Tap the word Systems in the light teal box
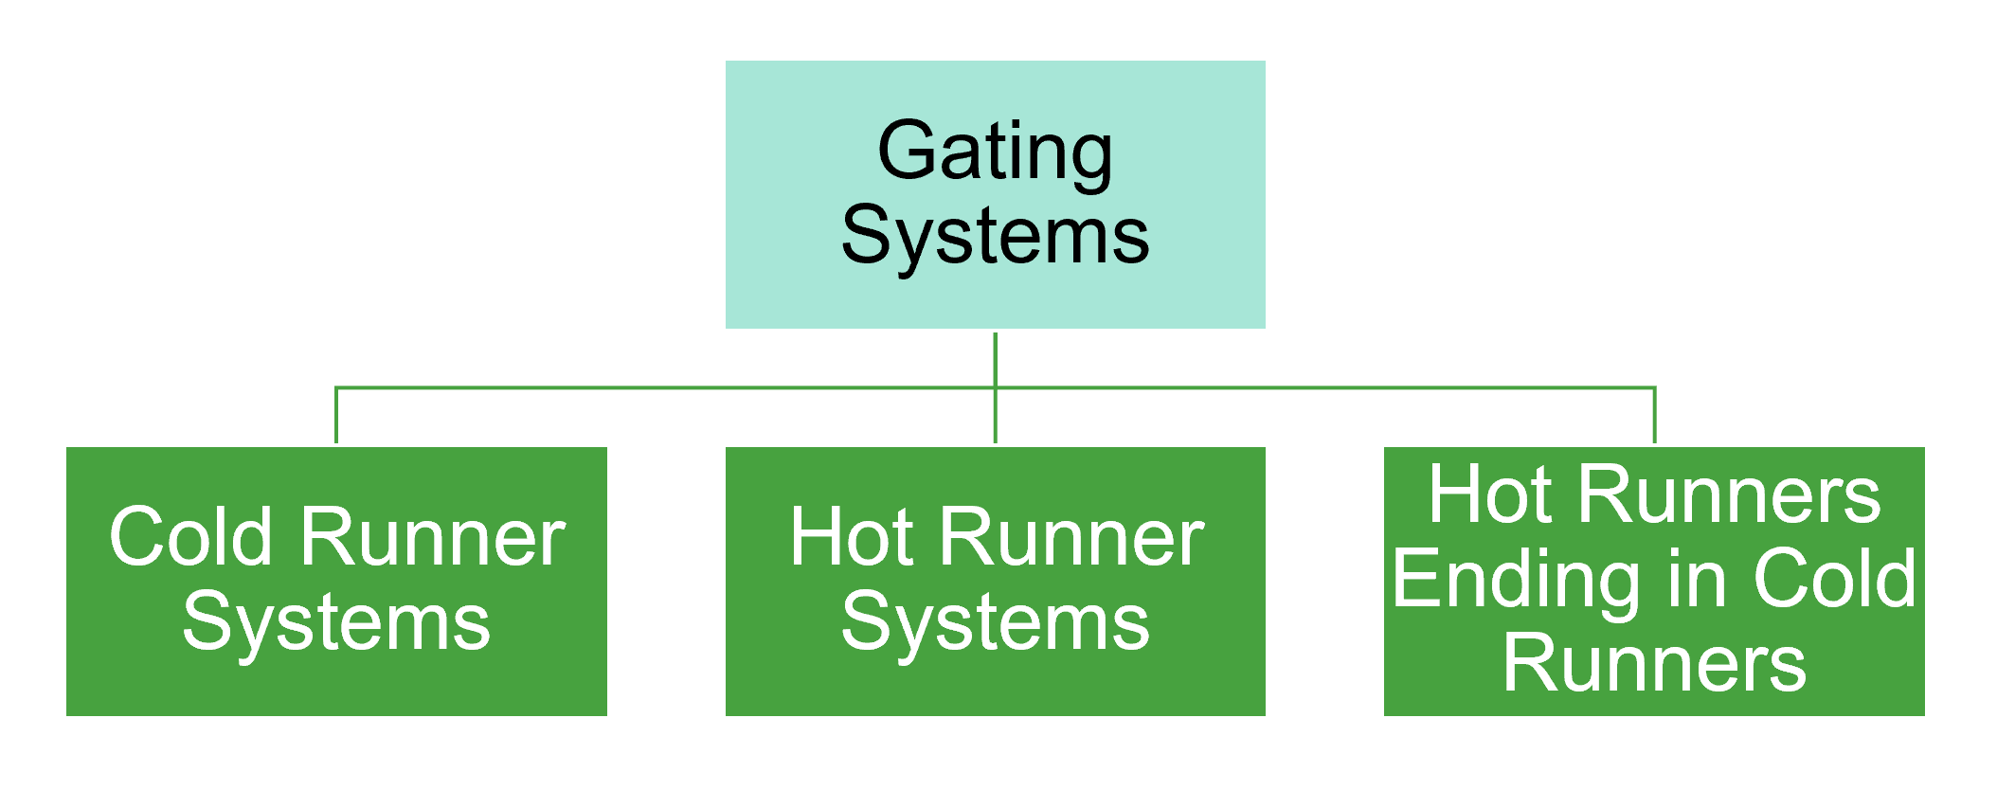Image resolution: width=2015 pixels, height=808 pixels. coord(995,235)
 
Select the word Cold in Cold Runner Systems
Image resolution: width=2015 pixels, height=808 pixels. coord(191,537)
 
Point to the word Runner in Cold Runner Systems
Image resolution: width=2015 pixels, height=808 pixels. coord(433,537)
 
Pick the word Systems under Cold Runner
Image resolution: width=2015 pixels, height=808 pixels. coord(336,622)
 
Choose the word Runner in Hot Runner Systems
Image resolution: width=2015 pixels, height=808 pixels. coord(1071,537)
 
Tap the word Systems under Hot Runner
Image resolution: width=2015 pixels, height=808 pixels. coord(995,622)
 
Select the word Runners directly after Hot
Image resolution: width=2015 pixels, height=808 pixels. coord(1729,494)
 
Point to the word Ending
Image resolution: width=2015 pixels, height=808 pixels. coord(1517,579)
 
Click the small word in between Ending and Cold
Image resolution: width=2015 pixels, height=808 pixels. coord(1697,579)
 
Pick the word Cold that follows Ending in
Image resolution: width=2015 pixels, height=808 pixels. coord(1835,579)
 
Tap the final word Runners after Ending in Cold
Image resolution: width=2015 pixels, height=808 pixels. coord(1654,663)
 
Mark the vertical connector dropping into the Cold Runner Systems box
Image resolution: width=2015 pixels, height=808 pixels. coord(336,417)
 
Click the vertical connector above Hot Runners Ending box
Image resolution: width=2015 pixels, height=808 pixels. coord(1654,417)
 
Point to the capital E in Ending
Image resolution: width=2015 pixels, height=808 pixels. coord(1416,579)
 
